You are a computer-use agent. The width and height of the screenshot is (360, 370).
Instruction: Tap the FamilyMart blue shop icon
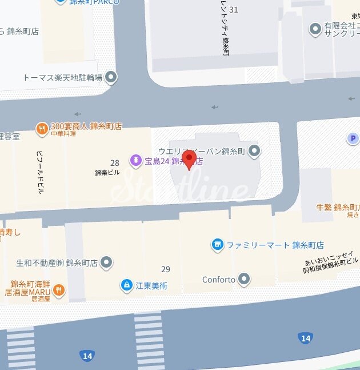217,245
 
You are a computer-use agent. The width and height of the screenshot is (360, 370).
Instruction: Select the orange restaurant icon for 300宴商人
41,129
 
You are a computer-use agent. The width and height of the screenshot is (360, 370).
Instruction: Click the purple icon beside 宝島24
135,161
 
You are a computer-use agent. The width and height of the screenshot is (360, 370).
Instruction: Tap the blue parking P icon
354,138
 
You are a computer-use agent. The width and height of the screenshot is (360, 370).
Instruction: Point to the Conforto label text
219,280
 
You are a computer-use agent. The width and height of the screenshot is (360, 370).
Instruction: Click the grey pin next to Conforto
245,280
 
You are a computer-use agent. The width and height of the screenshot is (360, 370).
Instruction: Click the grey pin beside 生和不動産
106,263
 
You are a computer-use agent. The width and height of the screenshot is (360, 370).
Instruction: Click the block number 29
166,269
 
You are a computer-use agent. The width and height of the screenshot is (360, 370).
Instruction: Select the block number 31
233,10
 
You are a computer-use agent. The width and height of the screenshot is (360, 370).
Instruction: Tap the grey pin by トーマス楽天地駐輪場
111,77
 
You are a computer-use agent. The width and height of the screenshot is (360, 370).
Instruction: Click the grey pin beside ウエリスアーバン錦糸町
255,151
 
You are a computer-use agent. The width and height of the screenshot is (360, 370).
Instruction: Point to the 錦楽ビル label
107,172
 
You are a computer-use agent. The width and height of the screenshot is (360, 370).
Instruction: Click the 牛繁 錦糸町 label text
337,206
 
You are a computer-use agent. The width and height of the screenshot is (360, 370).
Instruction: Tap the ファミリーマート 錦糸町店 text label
275,245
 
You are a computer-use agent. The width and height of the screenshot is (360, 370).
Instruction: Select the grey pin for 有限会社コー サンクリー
314,29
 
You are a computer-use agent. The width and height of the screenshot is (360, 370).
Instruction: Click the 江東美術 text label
151,285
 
